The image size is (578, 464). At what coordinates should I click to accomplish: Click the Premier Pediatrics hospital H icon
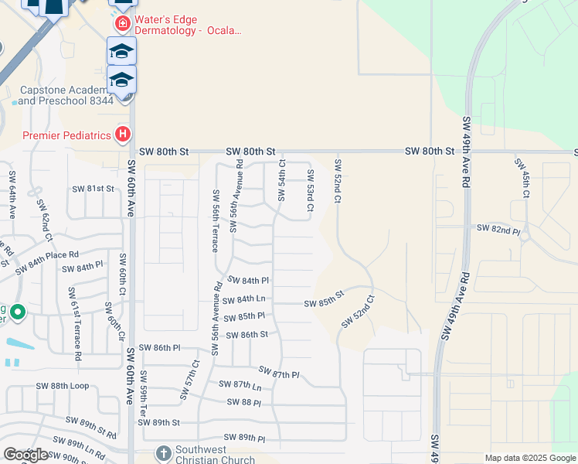(122, 135)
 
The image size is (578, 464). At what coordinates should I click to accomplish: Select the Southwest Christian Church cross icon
(163, 453)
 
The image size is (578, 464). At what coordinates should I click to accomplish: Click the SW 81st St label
(93, 189)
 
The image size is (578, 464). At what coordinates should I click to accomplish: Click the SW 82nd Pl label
(498, 228)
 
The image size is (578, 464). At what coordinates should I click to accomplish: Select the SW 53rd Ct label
(310, 190)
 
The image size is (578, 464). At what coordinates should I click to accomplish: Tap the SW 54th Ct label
(282, 179)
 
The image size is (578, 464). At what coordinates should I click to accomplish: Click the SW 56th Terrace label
(215, 220)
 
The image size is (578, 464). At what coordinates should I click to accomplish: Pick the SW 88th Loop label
(62, 386)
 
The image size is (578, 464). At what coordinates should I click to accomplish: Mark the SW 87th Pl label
(278, 374)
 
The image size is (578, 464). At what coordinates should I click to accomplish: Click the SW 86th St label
(246, 335)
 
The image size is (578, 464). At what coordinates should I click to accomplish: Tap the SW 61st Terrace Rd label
(74, 323)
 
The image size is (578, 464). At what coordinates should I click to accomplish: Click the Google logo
(25, 455)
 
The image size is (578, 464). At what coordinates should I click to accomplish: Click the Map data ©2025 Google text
(529, 458)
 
